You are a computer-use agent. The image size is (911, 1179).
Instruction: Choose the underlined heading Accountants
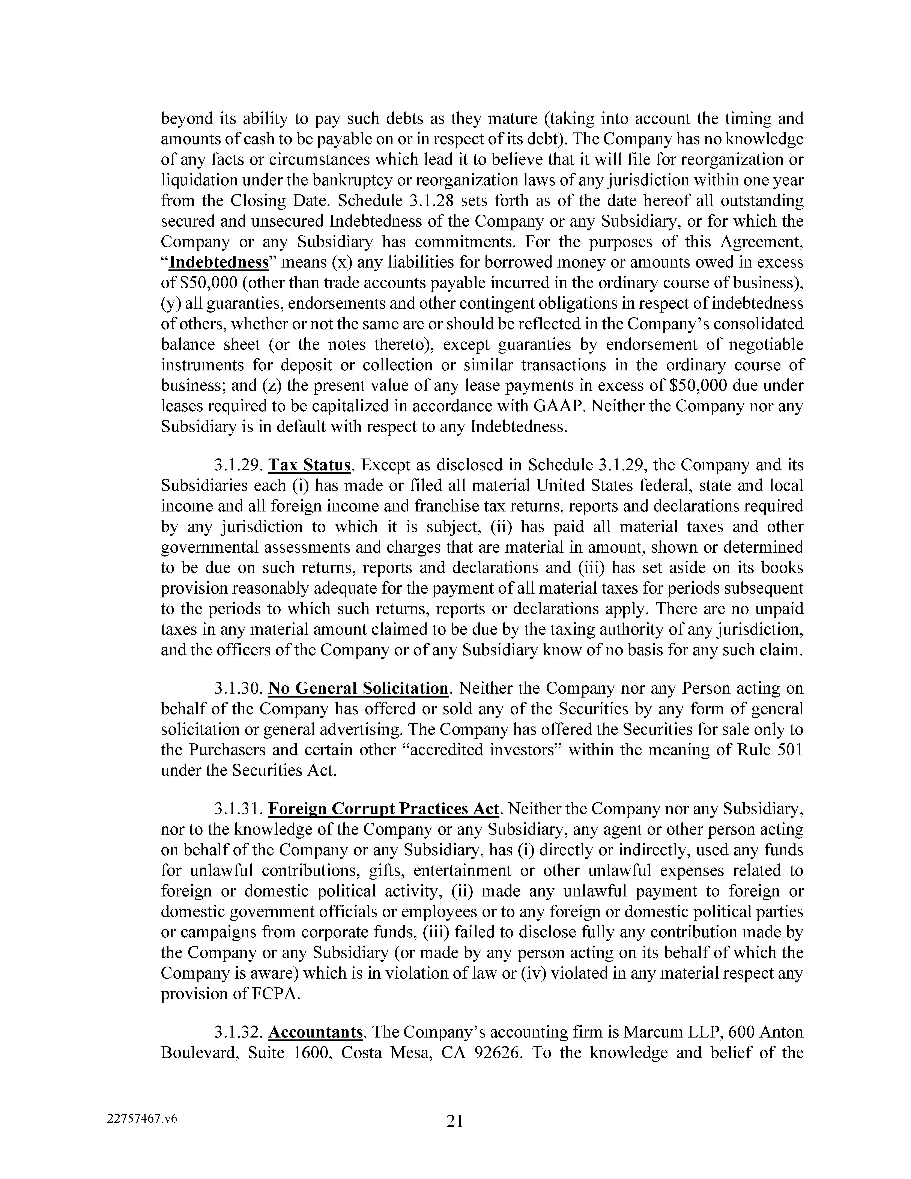(315, 1032)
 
